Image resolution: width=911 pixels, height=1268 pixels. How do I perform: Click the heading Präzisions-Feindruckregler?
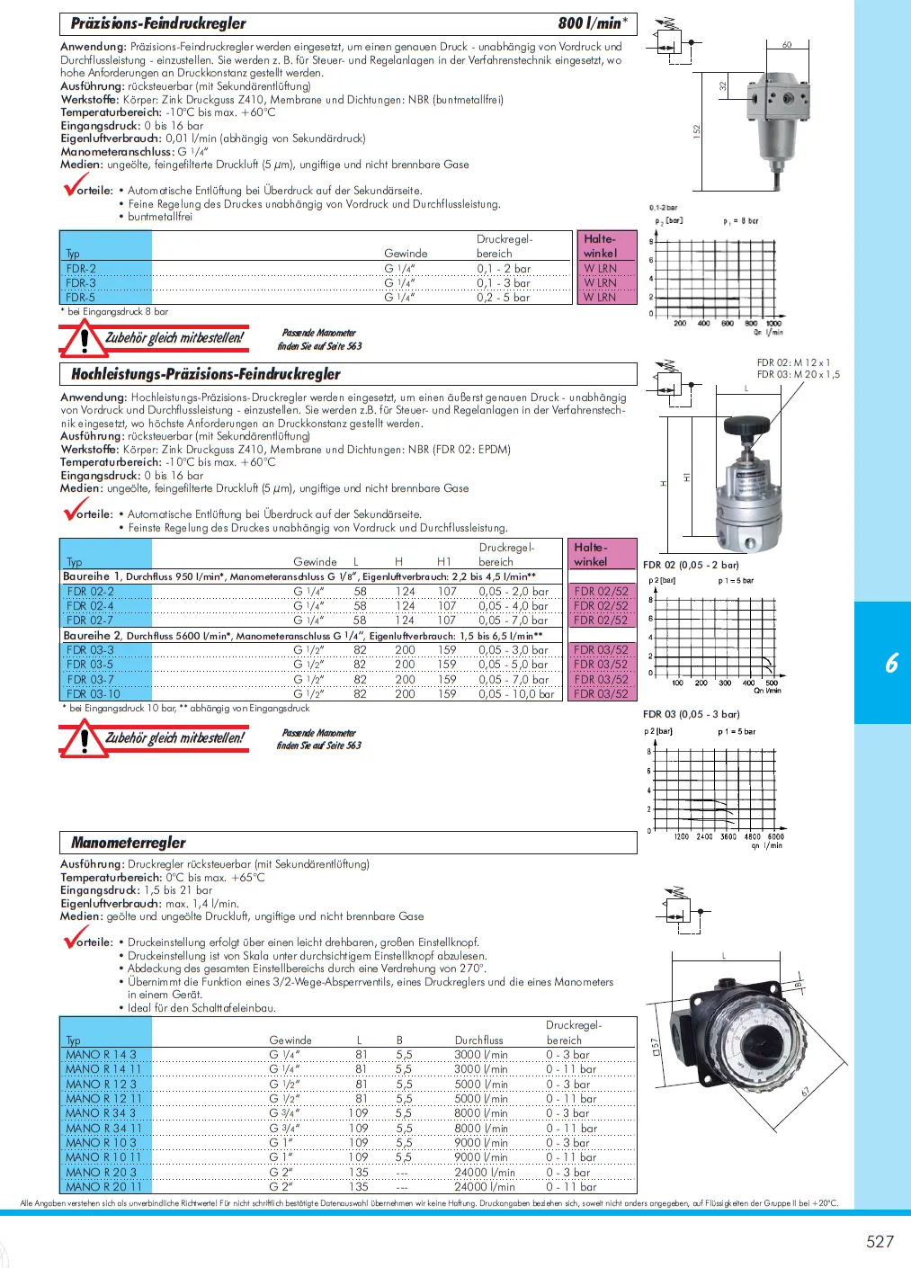(158, 23)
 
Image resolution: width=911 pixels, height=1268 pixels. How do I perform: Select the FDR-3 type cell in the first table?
(81, 283)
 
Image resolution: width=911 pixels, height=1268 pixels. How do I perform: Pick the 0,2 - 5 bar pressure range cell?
(504, 298)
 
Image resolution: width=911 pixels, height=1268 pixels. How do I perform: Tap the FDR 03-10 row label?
(94, 694)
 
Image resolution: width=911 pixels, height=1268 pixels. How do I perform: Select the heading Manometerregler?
(129, 843)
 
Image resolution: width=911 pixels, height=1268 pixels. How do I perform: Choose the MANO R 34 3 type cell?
(102, 1113)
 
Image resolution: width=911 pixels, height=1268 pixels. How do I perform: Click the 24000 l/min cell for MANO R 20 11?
(485, 1187)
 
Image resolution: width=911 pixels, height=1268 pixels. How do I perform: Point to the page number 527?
(880, 1242)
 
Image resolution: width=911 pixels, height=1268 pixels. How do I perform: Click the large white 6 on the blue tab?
(891, 664)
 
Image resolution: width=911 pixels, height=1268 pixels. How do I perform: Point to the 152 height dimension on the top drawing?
(696, 131)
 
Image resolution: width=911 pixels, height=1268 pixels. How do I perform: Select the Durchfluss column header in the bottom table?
(479, 1040)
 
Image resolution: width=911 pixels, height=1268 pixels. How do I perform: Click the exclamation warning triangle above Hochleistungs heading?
(84, 340)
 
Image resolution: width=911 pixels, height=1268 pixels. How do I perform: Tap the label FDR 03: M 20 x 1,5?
(799, 375)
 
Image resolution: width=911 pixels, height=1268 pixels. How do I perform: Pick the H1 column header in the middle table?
(444, 562)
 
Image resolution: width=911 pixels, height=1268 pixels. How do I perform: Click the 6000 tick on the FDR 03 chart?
(775, 836)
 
